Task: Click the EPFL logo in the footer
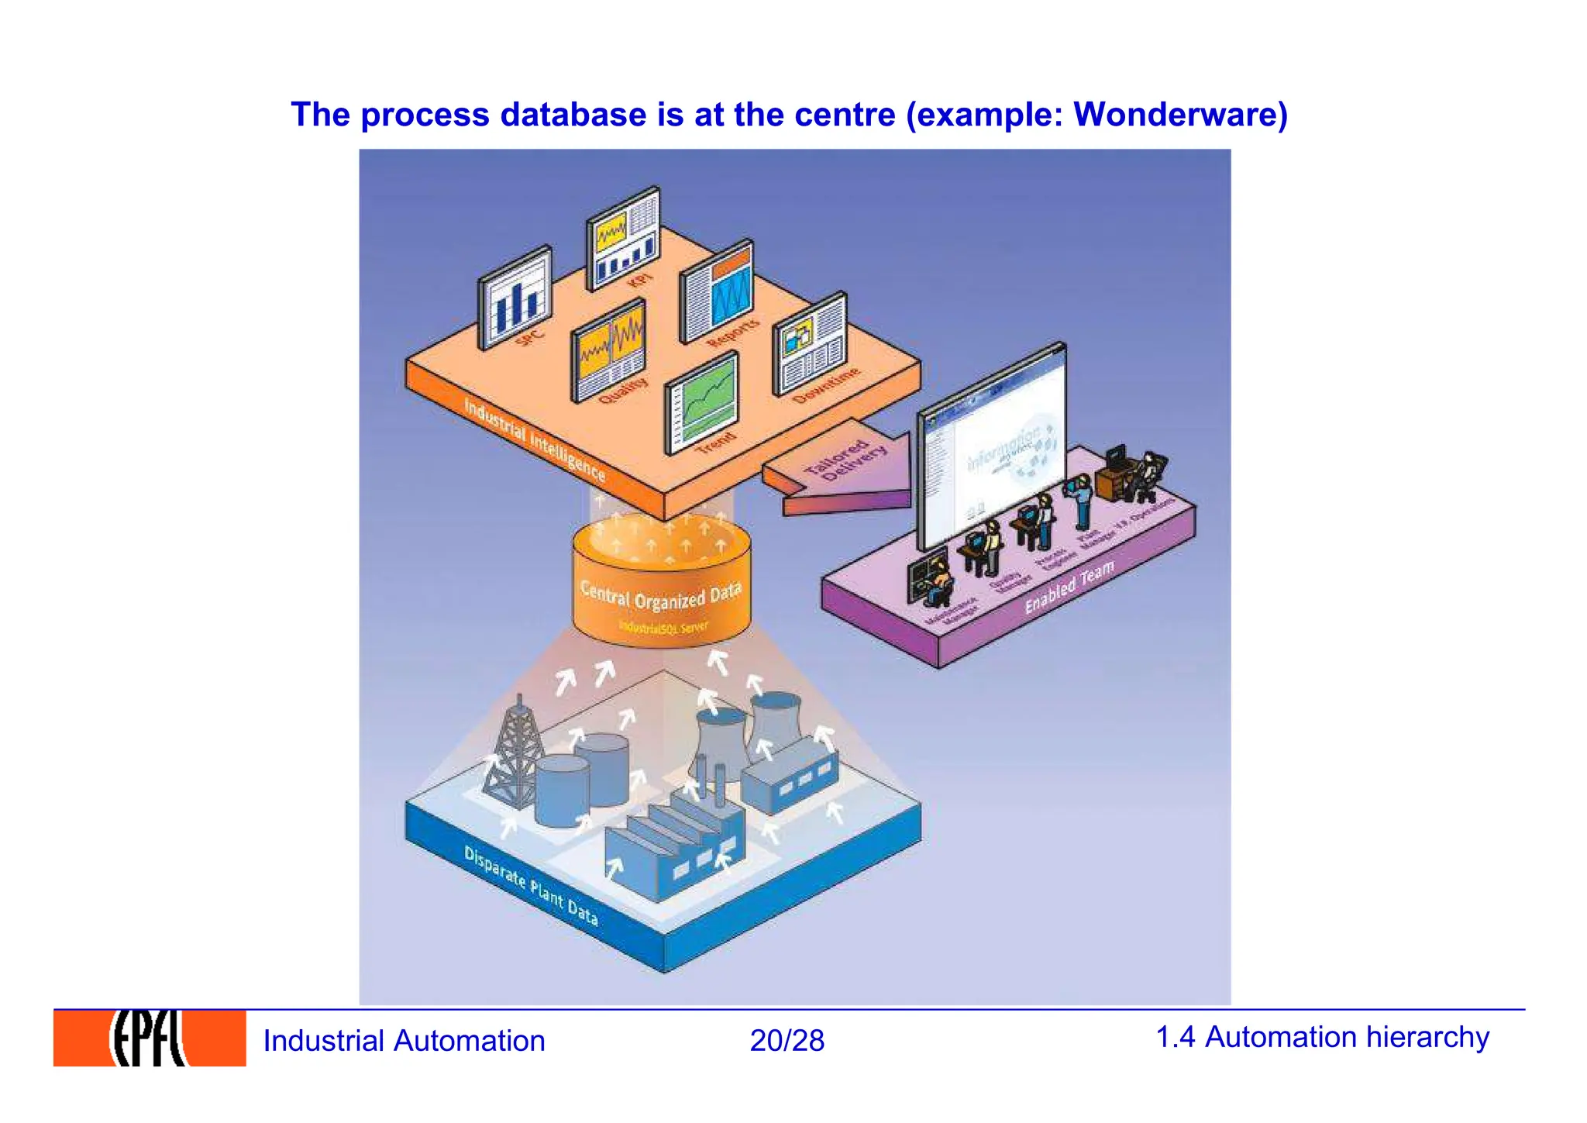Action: [x=149, y=1038]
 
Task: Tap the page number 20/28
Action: [x=787, y=1040]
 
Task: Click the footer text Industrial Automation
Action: [x=404, y=1040]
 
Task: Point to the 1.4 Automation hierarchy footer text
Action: [x=1322, y=1037]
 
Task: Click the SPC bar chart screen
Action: [x=515, y=298]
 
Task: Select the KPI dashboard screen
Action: [x=623, y=238]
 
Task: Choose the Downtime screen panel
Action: [x=810, y=344]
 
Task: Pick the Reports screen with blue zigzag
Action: [x=717, y=291]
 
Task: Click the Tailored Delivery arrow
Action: [x=841, y=468]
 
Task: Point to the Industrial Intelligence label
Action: [x=534, y=439]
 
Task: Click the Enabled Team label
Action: [x=1069, y=586]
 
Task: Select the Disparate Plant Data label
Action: [x=531, y=884]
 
